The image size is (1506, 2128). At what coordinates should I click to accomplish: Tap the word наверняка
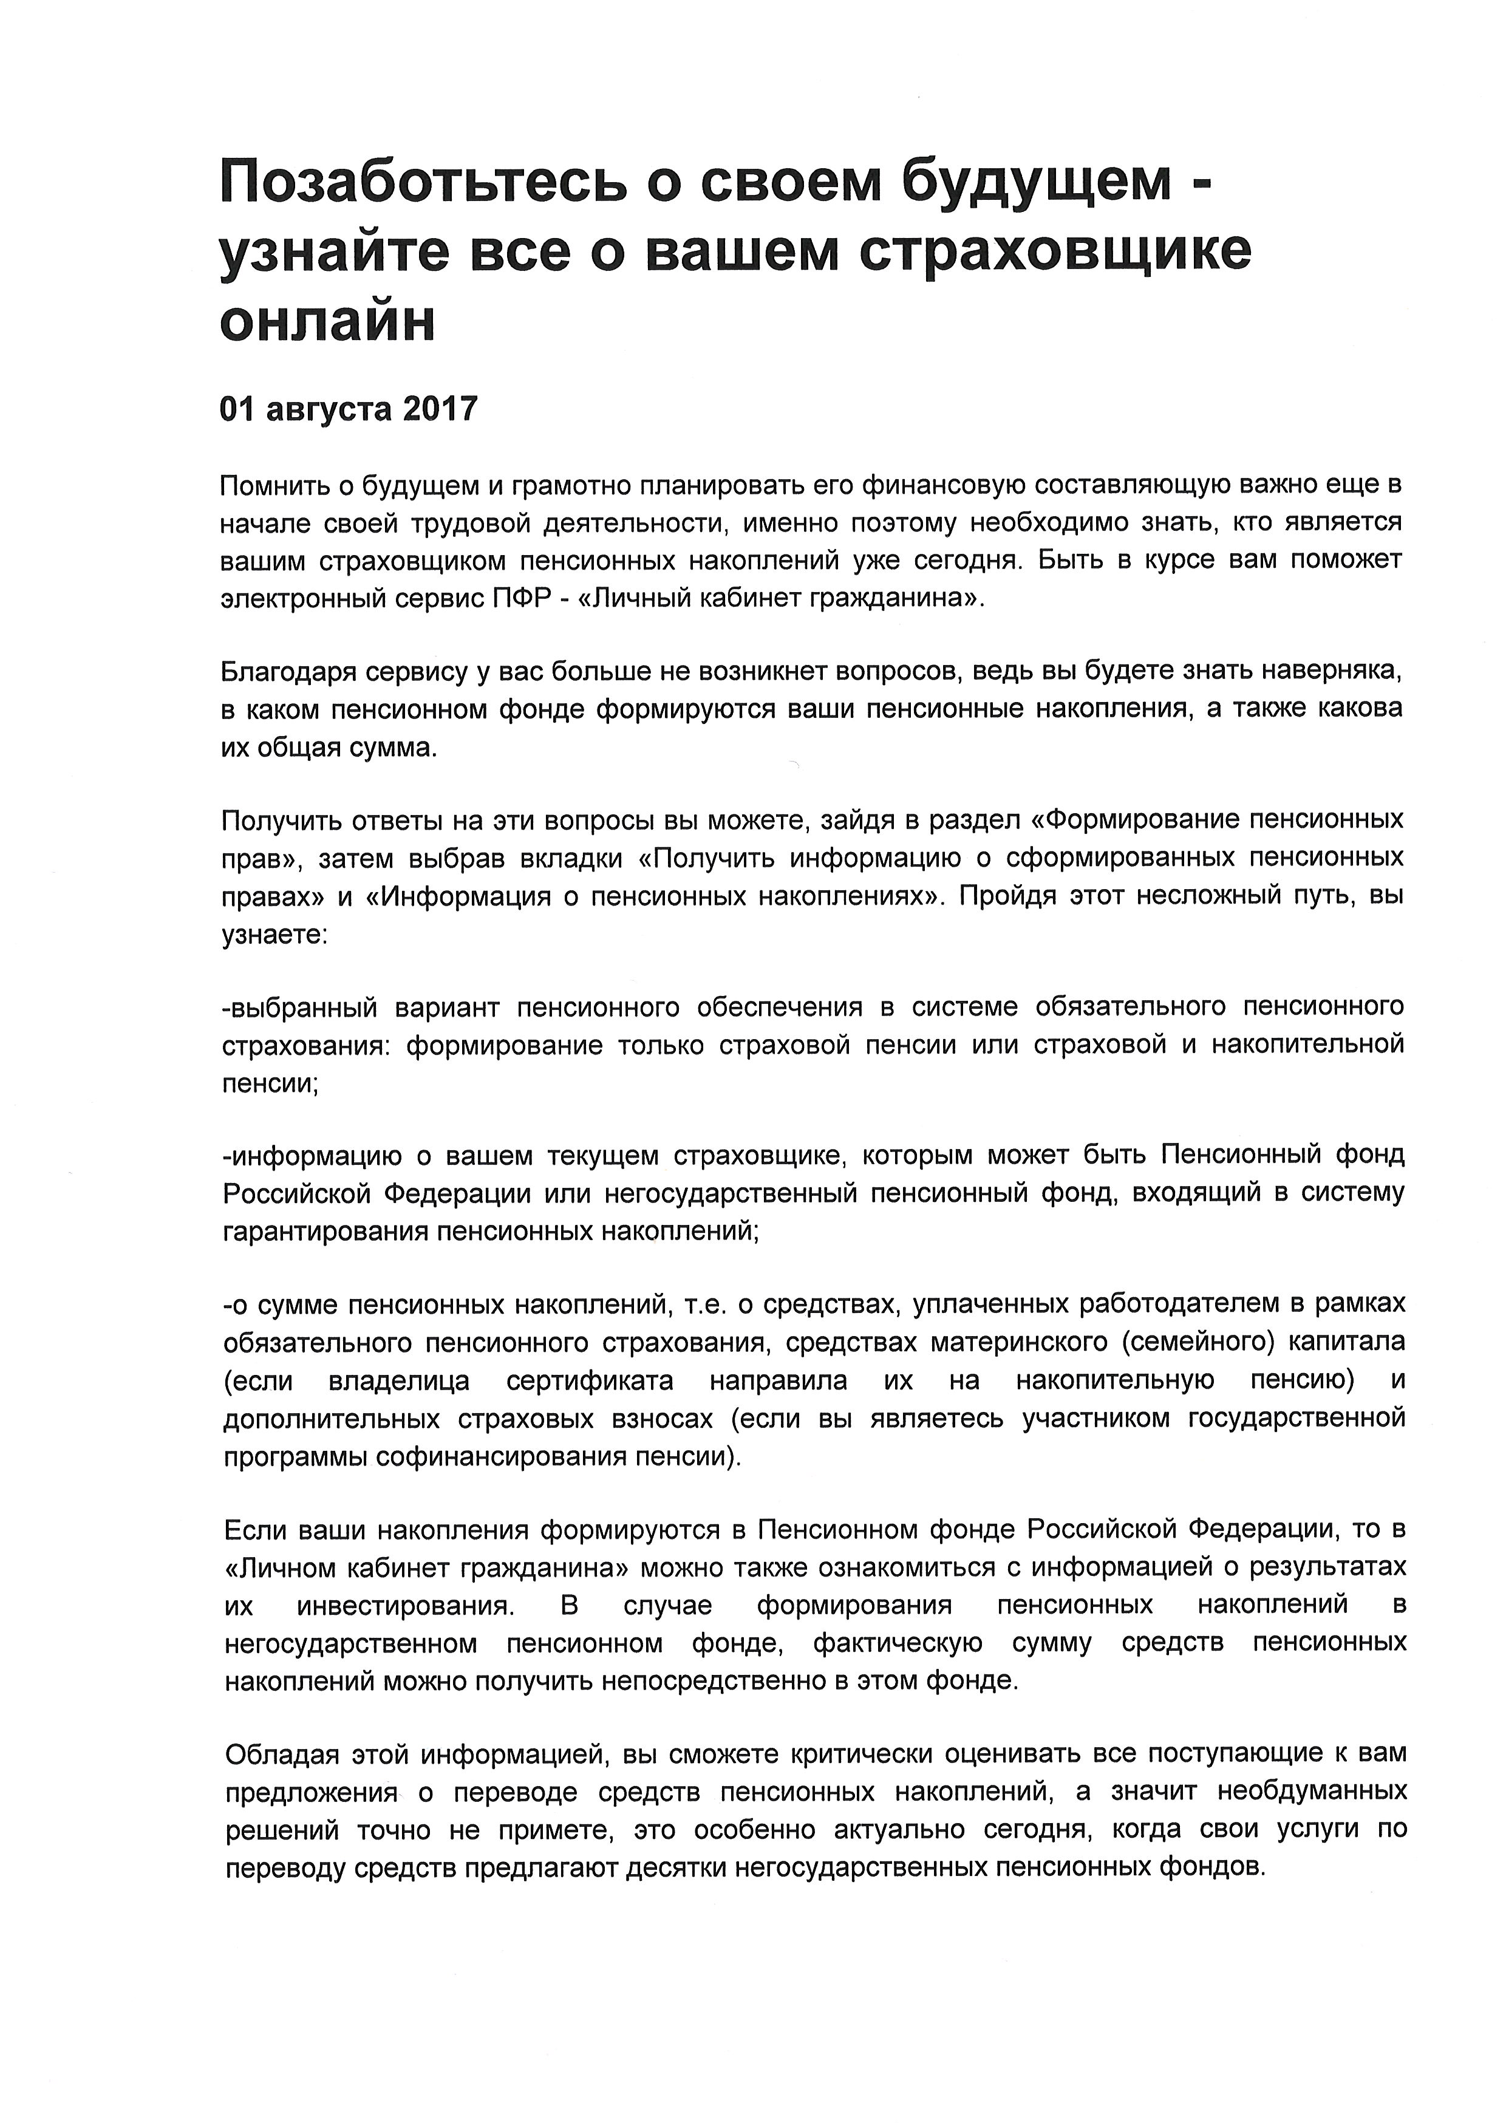pos(1334,670)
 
